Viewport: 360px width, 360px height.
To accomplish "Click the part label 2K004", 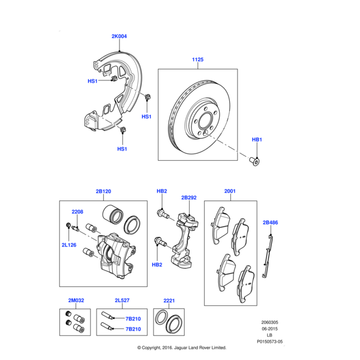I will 119,37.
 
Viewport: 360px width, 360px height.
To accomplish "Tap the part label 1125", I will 198,59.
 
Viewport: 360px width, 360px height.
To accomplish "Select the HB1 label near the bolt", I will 256,139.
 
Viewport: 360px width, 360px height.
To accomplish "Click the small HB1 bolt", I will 256,160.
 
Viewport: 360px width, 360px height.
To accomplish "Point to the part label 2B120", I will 103,191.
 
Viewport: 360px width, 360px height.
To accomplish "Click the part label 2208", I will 77,212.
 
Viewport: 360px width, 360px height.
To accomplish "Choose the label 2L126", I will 69,245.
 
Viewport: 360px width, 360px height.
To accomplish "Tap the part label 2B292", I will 189,197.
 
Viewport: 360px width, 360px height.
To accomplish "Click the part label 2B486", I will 271,223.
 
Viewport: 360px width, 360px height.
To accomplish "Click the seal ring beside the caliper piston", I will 133,225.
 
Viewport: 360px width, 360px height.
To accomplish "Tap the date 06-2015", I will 268,329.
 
